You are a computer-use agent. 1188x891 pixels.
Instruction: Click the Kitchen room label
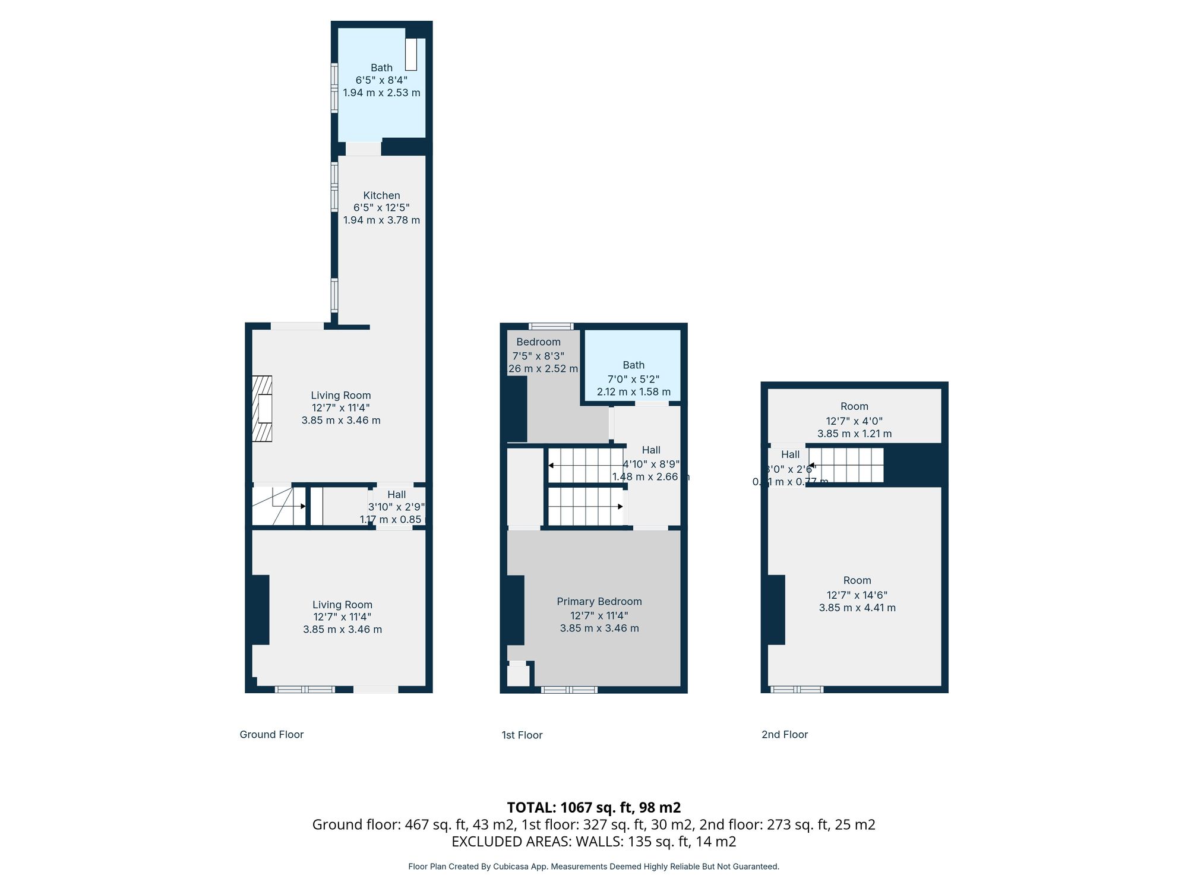tap(381, 195)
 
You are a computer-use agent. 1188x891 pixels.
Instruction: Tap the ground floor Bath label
tap(381, 68)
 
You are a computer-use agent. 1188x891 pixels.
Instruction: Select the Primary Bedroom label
tap(599, 602)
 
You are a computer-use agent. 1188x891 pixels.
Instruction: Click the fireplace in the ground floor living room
tap(262, 409)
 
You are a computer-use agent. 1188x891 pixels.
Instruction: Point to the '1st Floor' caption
tap(522, 735)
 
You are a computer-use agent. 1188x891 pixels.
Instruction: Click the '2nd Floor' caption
tap(784, 735)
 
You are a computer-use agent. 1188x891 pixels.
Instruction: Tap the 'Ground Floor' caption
tap(271, 735)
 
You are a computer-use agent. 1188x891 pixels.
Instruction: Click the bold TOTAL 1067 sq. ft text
tap(593, 807)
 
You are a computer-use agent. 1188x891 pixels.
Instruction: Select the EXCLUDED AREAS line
tap(593, 841)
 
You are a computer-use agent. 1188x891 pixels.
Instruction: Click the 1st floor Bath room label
tap(633, 365)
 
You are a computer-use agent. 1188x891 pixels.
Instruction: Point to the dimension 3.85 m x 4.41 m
tap(857, 608)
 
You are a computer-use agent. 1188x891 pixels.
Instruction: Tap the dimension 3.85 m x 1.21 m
tap(854, 434)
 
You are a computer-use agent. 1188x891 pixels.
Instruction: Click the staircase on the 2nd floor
tap(846, 465)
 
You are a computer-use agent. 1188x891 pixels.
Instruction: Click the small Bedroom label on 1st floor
tap(538, 342)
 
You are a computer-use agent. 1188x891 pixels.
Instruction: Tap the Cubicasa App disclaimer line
tap(593, 867)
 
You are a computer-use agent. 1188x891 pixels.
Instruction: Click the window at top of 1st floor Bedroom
tap(551, 326)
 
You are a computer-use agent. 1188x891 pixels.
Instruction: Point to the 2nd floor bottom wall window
tap(797, 690)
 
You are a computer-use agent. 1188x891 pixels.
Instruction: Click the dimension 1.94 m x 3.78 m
tap(381, 220)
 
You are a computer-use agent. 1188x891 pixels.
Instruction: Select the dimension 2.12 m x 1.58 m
tap(633, 392)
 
